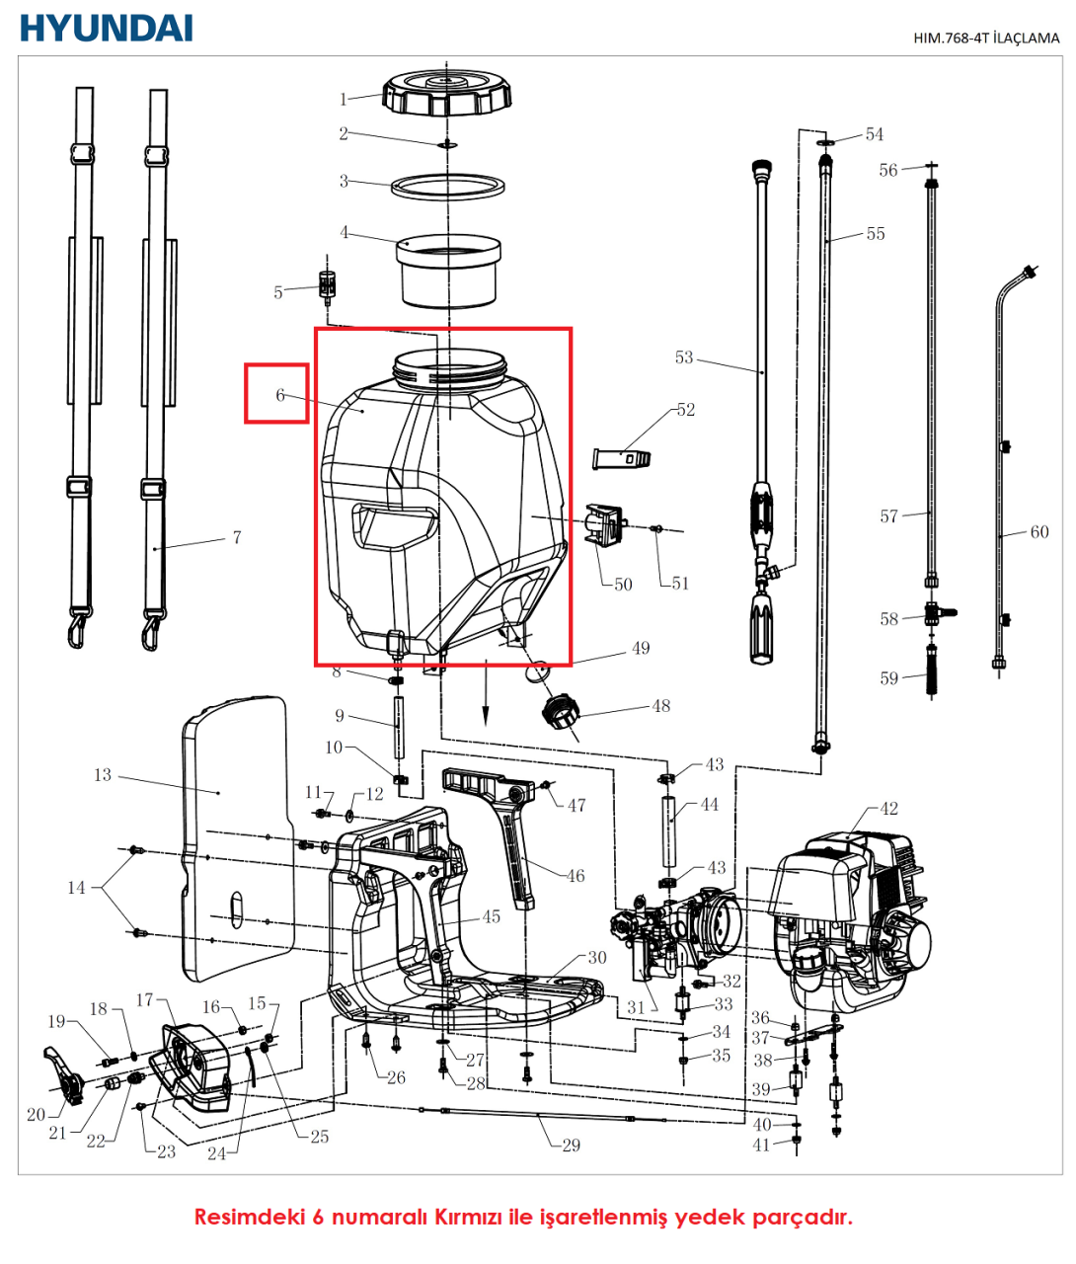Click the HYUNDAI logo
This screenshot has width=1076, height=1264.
106,28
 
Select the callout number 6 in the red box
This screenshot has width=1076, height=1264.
280,395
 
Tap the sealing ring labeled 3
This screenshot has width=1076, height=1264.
449,185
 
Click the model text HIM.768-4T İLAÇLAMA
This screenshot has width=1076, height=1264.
985,39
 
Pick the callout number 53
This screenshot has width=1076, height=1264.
684,357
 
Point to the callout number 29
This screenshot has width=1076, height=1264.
571,1145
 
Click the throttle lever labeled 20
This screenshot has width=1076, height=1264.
62,1076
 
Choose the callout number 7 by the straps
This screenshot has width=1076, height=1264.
237,537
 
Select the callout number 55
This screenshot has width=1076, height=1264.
876,234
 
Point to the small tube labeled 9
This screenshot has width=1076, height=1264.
400,727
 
